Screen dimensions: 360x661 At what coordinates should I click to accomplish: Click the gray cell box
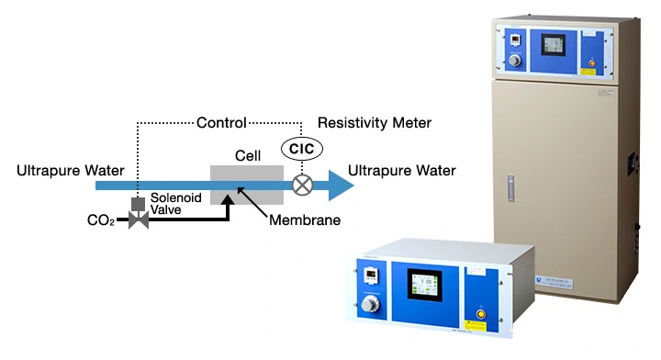pyautogui.click(x=247, y=184)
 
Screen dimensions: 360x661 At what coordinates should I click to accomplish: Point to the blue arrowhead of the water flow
pyautogui.click(x=341, y=185)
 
